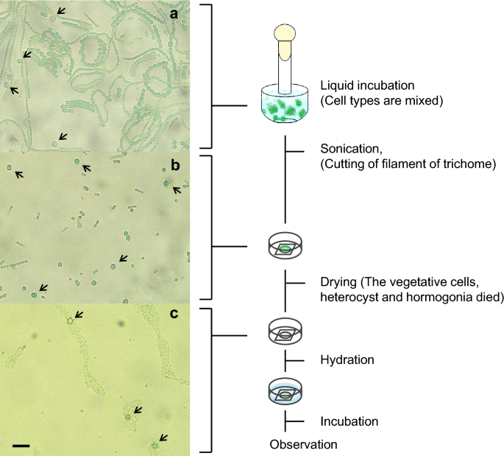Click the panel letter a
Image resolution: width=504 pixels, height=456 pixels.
tap(174, 14)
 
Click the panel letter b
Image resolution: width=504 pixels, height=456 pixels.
tap(175, 165)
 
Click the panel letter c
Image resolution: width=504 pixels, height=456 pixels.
tap(175, 314)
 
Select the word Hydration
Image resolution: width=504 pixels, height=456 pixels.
tap(348, 360)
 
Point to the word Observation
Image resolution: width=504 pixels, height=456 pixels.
tap(303, 444)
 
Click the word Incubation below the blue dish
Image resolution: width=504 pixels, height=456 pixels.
tap(349, 421)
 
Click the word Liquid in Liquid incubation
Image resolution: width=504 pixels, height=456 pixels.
tap(337, 85)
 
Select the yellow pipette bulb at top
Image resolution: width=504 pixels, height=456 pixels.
tap(284, 34)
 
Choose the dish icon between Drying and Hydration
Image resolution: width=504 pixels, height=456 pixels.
tap(284, 331)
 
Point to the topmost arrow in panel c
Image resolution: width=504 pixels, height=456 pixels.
tap(78, 315)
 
